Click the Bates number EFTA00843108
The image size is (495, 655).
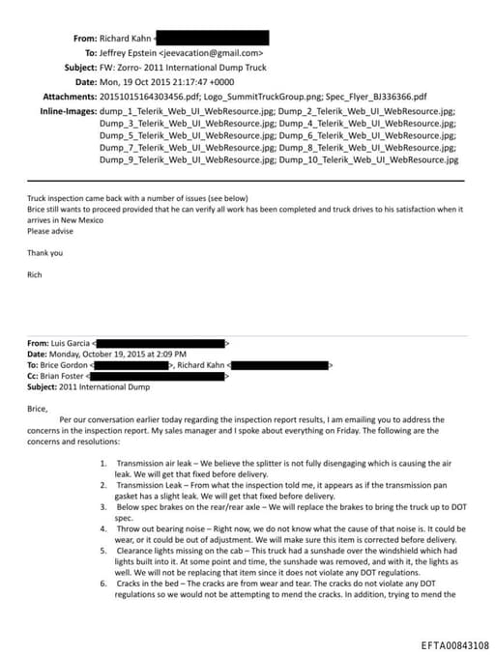[x=454, y=644]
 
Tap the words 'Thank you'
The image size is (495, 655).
[x=44, y=253]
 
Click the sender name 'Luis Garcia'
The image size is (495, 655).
[x=68, y=343]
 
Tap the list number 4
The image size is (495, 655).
[x=102, y=530]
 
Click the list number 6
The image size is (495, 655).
[x=102, y=584]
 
